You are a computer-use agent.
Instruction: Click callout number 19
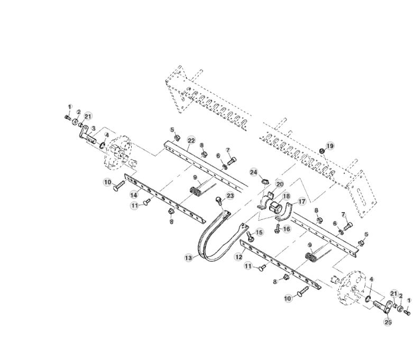click(x=329, y=146)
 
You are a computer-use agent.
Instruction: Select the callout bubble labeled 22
click(x=191, y=140)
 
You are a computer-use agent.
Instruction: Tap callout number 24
click(x=253, y=172)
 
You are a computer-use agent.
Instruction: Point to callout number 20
click(x=280, y=184)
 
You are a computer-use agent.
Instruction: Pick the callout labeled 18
click(x=286, y=196)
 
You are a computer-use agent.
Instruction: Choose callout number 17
click(x=302, y=201)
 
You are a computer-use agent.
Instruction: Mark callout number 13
click(x=188, y=257)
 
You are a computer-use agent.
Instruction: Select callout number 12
click(x=238, y=256)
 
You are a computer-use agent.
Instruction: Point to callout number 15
click(x=259, y=232)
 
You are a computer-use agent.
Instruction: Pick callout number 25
click(x=388, y=321)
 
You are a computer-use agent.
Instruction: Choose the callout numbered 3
click(x=93, y=128)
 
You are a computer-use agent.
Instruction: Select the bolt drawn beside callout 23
click(x=218, y=201)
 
